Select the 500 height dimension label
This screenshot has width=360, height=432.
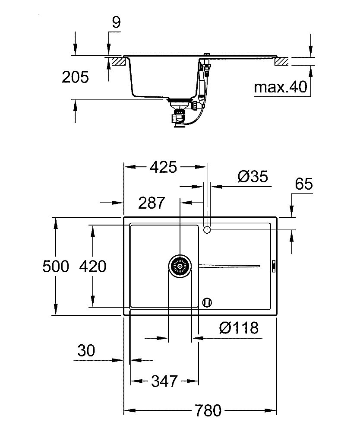56,266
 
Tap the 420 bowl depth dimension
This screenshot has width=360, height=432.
92,266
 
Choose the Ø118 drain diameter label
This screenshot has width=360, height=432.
239,328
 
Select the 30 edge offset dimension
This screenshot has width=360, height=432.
86,351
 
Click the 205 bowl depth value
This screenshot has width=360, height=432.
75,77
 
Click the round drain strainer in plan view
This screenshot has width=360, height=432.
179,266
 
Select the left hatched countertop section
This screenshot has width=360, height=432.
118,61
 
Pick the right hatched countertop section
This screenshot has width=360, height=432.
281,61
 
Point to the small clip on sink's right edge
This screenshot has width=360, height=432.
274,266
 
